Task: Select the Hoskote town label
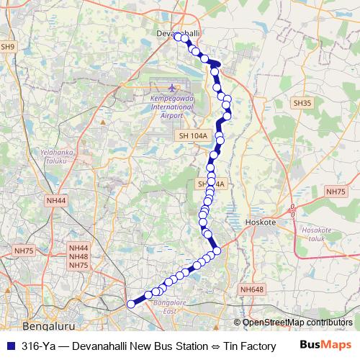261,222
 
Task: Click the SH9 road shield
8,47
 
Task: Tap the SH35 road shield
302,104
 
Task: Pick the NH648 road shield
253,289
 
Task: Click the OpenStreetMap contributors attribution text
297,323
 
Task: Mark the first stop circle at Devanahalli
179,37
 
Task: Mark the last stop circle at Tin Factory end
131,305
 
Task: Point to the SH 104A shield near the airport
192,135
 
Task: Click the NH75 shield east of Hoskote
336,192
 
